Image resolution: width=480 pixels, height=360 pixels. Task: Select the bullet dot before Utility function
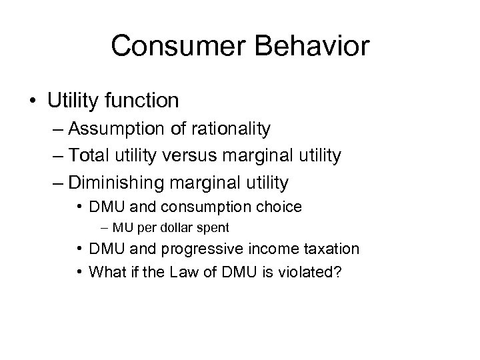[x=33, y=101]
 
